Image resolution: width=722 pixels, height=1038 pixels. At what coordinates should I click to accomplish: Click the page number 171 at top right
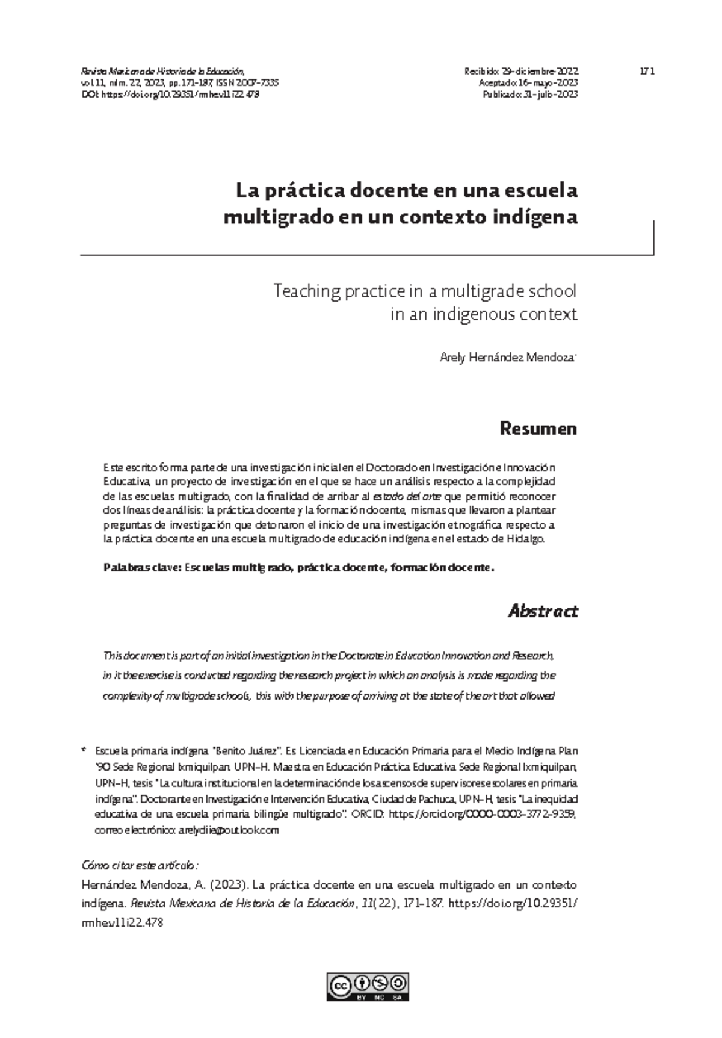click(647, 71)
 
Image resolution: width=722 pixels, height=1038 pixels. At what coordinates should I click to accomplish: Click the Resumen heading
click(538, 429)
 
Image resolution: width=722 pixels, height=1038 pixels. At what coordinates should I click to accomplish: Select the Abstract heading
click(543, 611)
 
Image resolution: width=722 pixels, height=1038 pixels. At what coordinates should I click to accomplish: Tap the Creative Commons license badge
click(368, 987)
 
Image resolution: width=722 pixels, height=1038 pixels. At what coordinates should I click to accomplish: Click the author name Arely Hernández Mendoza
click(508, 358)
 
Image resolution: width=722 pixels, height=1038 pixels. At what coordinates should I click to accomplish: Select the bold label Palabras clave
click(141, 567)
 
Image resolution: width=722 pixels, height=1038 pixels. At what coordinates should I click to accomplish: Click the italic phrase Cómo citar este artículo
click(139, 865)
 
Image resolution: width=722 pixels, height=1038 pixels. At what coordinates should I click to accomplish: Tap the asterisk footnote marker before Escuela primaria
click(84, 751)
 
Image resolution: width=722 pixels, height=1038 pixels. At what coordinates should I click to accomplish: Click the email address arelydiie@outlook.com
click(229, 830)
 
